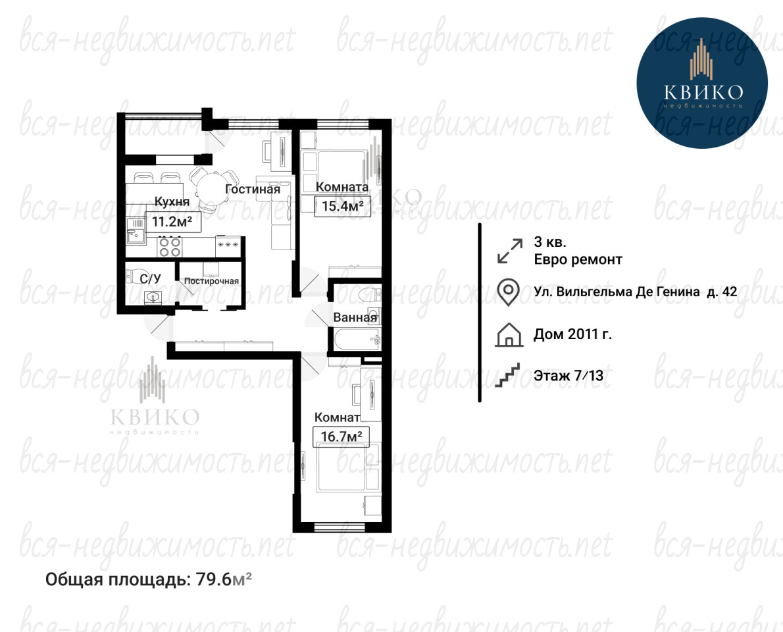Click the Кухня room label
click(172, 202)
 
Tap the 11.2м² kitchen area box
click(173, 222)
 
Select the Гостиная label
click(253, 190)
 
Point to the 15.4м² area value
click(343, 206)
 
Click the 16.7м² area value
click(341, 436)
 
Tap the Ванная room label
click(355, 317)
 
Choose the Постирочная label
click(211, 281)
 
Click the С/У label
click(150, 278)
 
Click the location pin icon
click(509, 292)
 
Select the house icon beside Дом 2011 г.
click(509, 334)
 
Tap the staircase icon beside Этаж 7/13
click(507, 375)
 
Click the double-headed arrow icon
click(510, 251)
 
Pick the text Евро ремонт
click(578, 260)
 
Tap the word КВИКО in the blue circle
click(703, 92)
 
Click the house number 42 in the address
click(730, 292)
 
